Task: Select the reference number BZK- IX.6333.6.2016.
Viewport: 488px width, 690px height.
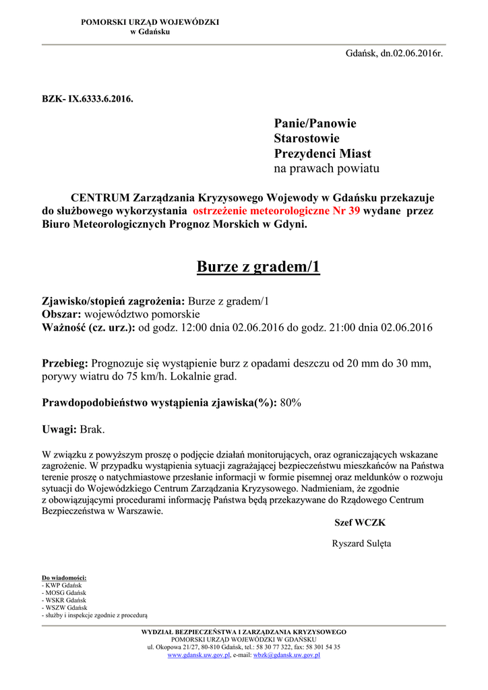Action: [88, 99]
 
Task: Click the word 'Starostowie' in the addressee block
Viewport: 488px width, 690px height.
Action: [307, 138]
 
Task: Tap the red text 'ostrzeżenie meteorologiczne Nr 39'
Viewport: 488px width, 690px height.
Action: [276, 211]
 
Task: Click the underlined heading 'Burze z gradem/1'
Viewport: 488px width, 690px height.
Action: [258, 268]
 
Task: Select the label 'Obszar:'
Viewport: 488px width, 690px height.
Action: [61, 315]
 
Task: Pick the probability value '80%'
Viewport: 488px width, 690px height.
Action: [291, 403]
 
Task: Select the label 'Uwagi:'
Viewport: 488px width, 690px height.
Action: [59, 429]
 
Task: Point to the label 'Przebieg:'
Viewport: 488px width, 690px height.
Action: [65, 363]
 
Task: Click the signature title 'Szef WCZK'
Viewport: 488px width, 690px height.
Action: [360, 523]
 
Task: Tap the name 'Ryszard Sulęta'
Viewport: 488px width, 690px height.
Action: [361, 544]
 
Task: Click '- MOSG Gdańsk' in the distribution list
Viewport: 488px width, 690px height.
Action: [63, 593]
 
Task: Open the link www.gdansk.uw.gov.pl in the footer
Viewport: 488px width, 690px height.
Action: [199, 655]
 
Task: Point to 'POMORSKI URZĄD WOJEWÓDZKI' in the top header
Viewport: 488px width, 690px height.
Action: [150, 22]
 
